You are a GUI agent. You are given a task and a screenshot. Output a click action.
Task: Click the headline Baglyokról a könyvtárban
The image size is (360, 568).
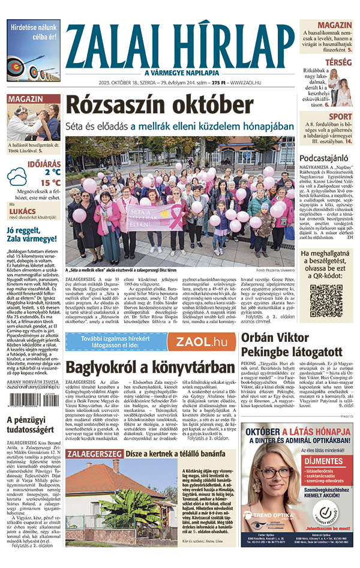pos(149,367)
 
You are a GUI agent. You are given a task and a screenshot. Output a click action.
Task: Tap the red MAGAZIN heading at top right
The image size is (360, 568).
pos(335,25)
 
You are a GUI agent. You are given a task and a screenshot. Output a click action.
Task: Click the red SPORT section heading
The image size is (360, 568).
pos(341,116)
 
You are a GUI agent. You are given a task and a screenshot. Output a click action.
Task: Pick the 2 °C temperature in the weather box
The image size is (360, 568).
pos(34,175)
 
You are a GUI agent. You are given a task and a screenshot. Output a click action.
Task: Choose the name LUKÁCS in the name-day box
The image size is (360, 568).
pos(22,212)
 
